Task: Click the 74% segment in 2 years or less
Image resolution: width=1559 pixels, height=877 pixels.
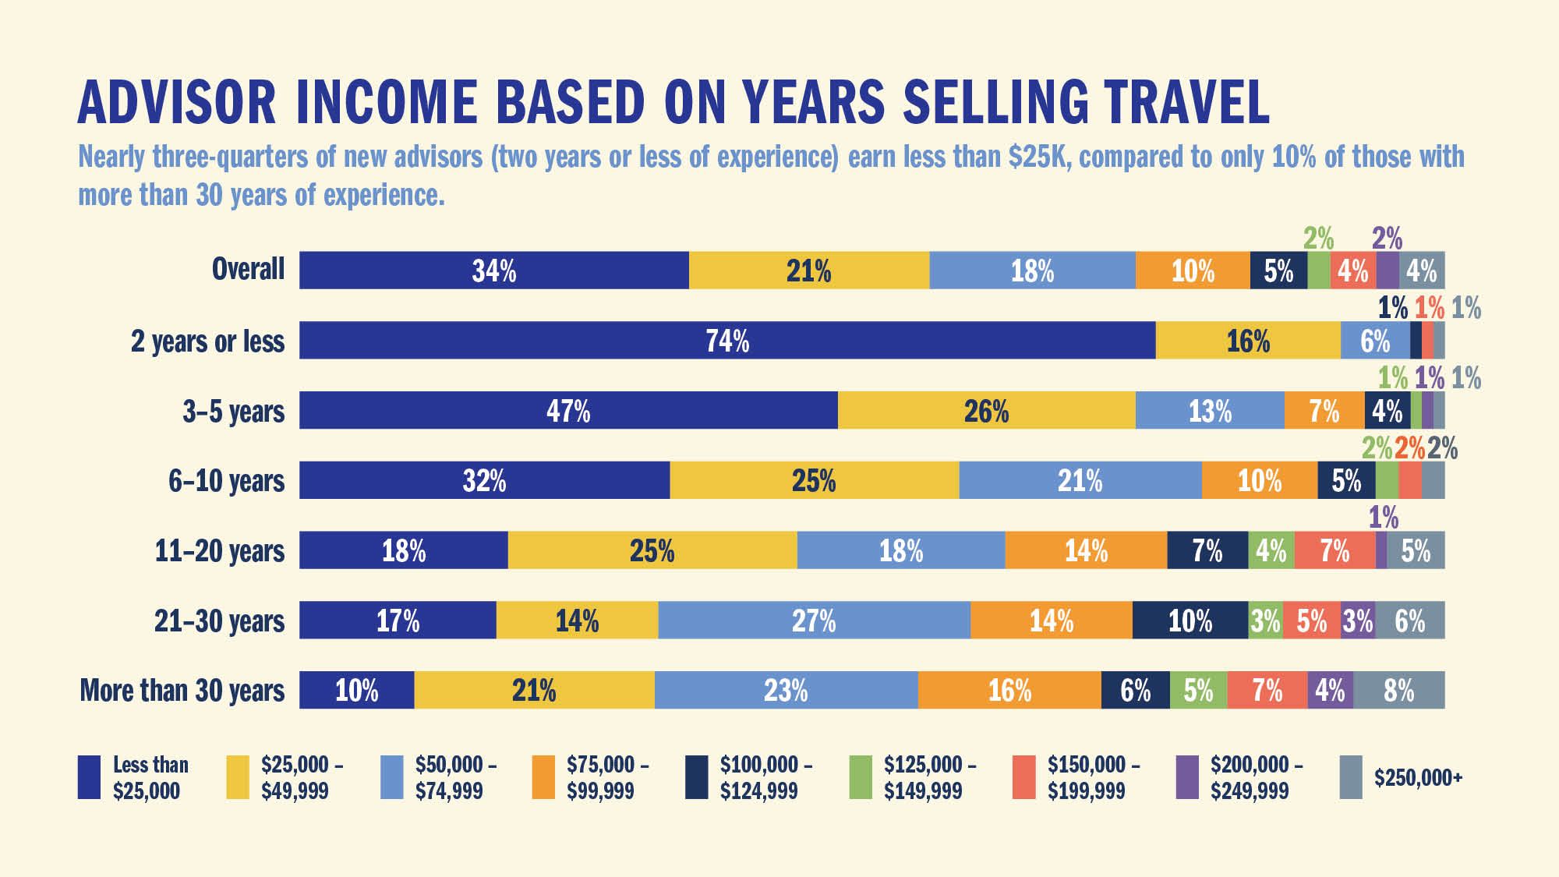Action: pos(727,341)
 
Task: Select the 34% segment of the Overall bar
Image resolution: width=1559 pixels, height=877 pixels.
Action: pos(493,271)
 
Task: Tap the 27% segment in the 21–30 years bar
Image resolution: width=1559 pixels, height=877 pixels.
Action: pos(814,621)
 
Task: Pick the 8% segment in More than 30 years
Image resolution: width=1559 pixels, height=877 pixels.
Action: pos(1398,691)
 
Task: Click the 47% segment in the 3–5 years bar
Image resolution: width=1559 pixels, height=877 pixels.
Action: pos(568,411)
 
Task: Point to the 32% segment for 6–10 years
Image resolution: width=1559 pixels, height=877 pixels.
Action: pos(484,480)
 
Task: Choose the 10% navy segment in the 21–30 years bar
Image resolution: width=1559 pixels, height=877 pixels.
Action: pos(1190,621)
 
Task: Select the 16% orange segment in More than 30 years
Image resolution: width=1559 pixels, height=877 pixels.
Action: pos(1009,691)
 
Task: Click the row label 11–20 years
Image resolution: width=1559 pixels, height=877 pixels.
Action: pos(220,551)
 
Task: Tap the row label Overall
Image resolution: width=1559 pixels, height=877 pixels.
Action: pos(248,270)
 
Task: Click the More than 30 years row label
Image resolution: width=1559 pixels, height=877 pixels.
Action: pos(182,691)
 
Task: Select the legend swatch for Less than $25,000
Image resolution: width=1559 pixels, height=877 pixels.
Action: pos(89,777)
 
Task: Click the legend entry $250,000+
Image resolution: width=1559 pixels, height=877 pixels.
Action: pos(1418,777)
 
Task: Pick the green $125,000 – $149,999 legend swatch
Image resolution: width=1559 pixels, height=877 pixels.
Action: pos(861,777)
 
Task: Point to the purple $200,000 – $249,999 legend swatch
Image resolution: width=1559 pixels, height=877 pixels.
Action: pos(1187,777)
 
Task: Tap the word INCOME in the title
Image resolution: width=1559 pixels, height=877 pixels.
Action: pos(386,103)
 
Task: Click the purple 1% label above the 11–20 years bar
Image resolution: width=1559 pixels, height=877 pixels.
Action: pos(1384,518)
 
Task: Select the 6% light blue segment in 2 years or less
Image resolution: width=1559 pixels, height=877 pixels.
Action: pos(1375,341)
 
